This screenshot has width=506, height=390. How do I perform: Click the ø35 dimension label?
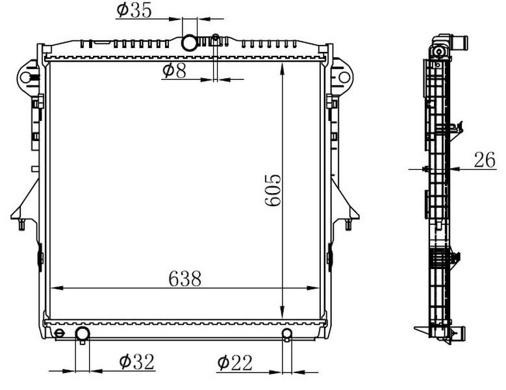point(134,10)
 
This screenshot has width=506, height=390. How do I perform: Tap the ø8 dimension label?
point(175,71)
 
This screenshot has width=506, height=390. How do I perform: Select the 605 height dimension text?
point(273,190)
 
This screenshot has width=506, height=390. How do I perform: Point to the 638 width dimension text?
point(185,279)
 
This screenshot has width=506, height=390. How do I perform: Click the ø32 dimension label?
point(137,361)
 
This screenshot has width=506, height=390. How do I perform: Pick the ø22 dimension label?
point(235,363)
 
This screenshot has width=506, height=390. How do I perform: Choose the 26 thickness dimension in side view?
point(485,160)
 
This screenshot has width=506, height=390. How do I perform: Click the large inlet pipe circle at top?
point(189,43)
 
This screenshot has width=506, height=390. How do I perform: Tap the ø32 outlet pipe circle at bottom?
point(82,334)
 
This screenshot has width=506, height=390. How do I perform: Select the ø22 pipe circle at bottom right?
point(287,333)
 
